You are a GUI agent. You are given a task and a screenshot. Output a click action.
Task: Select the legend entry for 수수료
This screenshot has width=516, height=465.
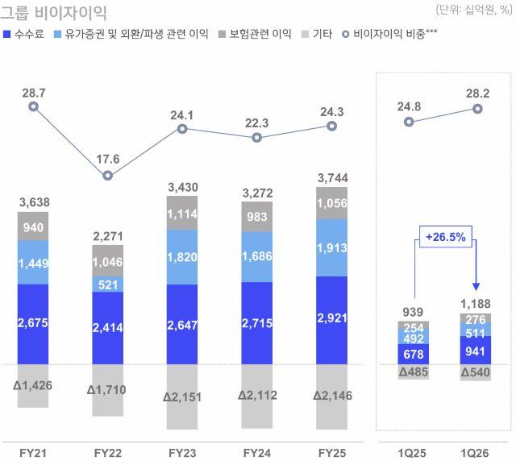(x=24, y=35)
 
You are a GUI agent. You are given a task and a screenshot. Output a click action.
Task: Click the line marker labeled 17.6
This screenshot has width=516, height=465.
(x=108, y=175)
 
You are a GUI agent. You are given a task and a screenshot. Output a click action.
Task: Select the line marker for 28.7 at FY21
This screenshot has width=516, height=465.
(x=33, y=106)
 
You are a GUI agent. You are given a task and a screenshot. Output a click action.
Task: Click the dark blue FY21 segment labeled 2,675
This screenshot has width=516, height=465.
(x=33, y=322)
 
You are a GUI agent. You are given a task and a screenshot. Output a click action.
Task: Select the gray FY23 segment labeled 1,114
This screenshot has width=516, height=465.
(x=182, y=215)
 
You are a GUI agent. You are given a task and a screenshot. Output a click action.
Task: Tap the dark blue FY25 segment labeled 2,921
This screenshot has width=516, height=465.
(x=331, y=320)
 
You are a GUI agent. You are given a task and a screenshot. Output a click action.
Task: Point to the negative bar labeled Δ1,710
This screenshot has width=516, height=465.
(x=108, y=389)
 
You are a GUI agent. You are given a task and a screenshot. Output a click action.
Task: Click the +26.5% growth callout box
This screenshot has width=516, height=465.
(x=445, y=238)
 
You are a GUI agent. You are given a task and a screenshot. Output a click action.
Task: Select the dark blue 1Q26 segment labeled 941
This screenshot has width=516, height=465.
(x=477, y=350)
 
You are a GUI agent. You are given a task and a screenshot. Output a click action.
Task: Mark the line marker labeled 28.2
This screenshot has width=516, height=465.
(x=477, y=109)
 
